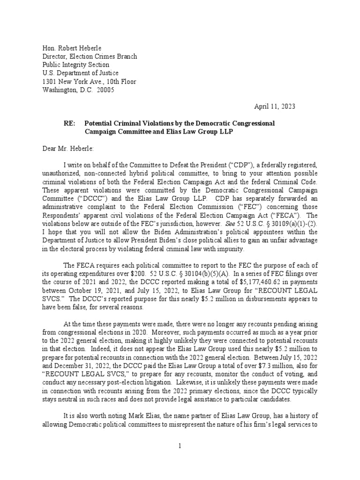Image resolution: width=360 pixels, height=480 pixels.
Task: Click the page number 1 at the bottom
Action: pyautogui.click(x=179, y=445)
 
